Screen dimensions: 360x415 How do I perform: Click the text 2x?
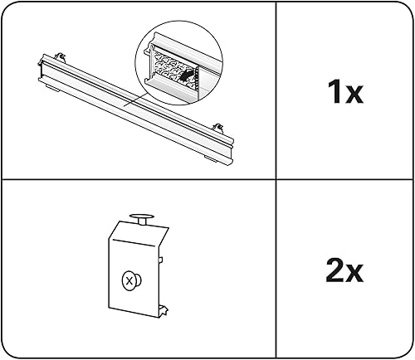(x=344, y=270)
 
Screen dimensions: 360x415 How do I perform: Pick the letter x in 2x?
(x=356, y=272)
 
